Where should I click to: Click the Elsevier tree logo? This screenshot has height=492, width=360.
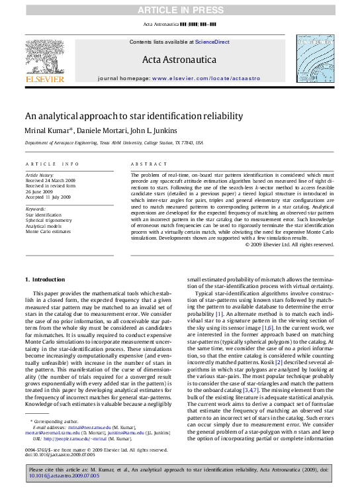click(45, 56)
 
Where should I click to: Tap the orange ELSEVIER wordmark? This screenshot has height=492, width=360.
click(45, 79)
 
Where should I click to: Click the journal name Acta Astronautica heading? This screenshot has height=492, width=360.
click(179, 60)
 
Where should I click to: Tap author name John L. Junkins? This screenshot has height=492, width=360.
click(161, 130)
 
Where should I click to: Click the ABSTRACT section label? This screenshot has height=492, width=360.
click(146, 163)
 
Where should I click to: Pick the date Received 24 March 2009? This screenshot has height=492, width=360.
click(51, 179)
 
